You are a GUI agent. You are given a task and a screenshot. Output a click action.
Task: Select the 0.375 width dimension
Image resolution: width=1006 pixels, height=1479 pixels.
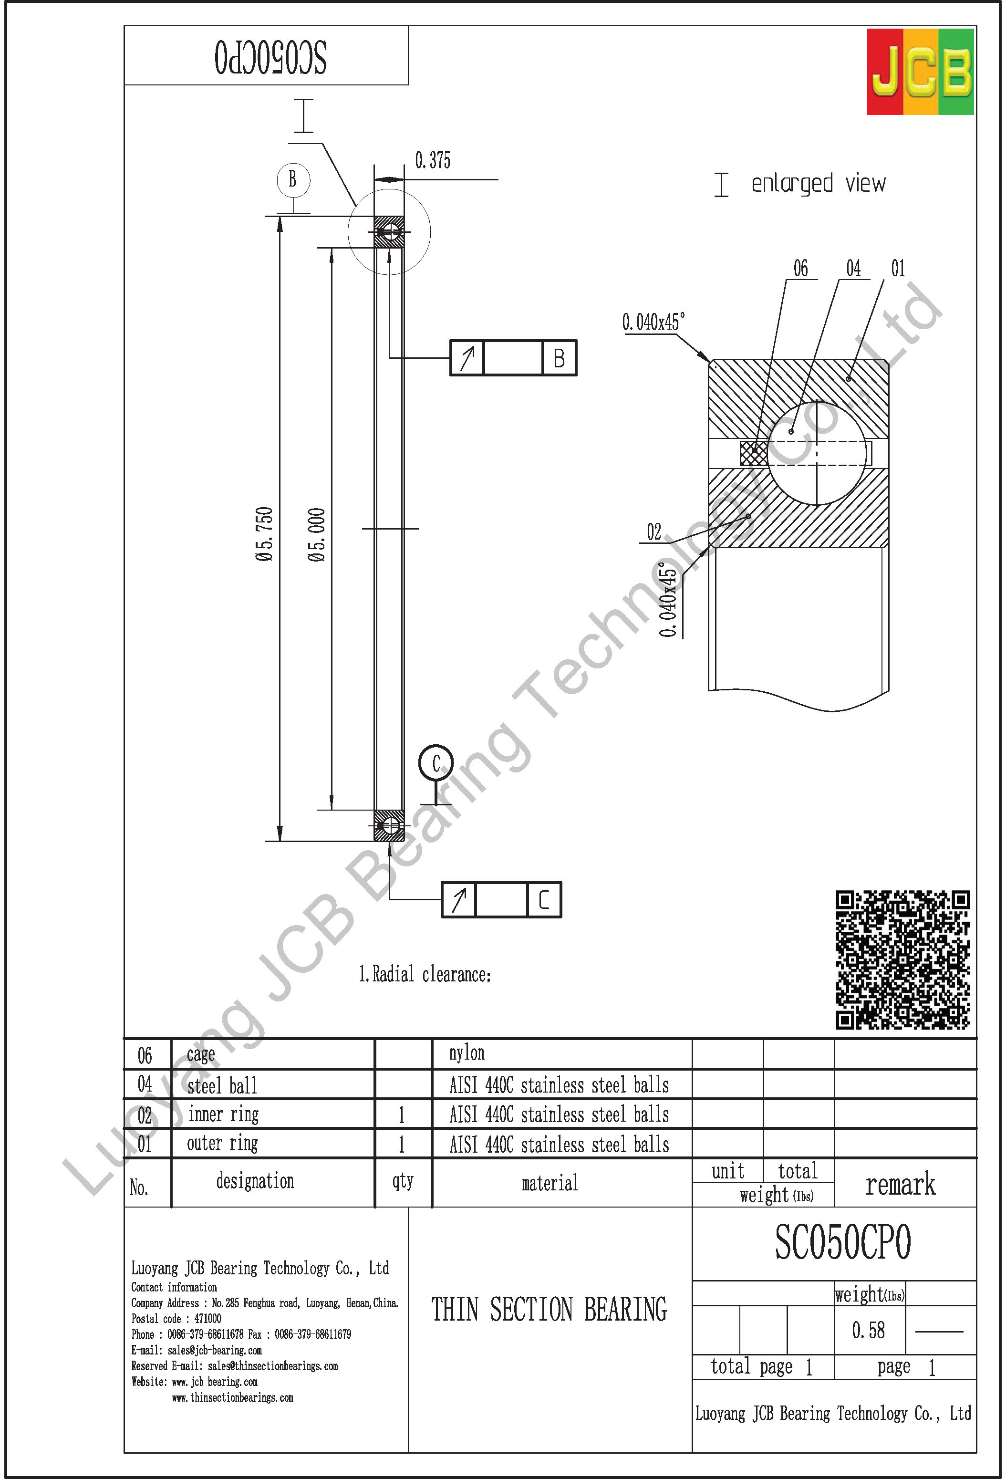433,160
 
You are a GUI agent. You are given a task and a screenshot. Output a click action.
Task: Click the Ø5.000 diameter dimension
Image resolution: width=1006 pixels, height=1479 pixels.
317,534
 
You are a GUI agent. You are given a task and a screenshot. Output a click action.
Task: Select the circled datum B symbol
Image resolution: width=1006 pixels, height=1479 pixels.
293,179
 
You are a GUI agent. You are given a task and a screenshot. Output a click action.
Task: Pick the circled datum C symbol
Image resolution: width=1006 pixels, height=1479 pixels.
436,763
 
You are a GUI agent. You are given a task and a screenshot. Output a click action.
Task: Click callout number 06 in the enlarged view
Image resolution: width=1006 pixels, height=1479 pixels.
800,269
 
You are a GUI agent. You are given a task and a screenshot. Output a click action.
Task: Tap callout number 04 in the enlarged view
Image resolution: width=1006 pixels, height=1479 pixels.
853,269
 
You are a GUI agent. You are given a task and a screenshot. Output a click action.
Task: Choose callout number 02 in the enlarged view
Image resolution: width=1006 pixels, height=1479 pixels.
653,531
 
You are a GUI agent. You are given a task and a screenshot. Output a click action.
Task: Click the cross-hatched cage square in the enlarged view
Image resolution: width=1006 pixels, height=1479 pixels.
753,452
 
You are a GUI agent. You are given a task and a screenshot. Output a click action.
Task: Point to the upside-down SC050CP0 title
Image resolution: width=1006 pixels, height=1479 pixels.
270,57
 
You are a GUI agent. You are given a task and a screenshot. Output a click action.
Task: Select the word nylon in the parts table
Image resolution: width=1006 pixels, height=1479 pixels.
467,1053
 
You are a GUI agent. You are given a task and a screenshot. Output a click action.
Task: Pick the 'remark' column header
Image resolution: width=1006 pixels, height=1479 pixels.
900,1184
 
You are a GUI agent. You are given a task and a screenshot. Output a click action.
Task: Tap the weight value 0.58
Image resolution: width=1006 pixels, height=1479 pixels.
868,1330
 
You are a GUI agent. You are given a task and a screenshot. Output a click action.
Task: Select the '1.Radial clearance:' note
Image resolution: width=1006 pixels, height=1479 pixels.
425,974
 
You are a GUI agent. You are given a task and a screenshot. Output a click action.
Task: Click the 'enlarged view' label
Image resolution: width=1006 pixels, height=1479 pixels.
818,184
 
